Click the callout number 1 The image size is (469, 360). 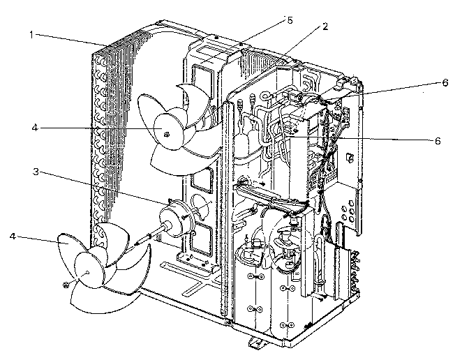click(x=31, y=35)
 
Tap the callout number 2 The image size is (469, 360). click(x=325, y=27)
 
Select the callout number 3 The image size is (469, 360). click(x=36, y=172)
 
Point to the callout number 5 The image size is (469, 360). click(x=290, y=20)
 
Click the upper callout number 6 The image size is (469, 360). click(x=445, y=82)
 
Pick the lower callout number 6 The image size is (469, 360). click(x=438, y=141)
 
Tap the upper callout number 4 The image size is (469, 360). click(x=35, y=128)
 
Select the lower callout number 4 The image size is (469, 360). click(x=13, y=237)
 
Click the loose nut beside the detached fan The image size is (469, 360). click(x=66, y=284)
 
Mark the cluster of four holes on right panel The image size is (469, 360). click(x=347, y=212)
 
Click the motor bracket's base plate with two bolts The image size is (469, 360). click(x=197, y=261)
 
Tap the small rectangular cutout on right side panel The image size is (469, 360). click(x=350, y=157)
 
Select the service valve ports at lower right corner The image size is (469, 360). click(x=355, y=271)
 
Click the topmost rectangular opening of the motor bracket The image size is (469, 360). click(x=203, y=81)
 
